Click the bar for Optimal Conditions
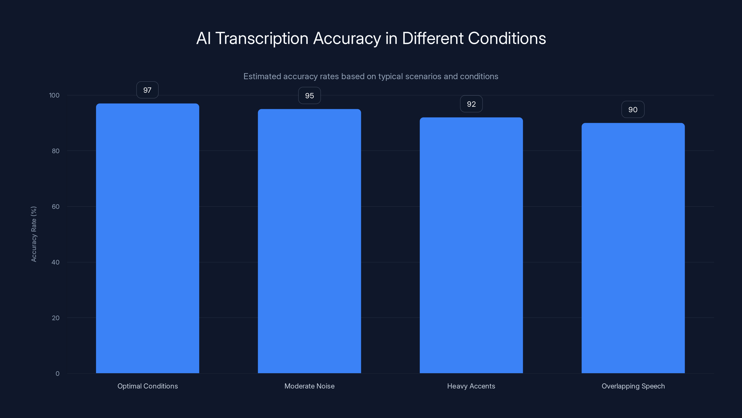(147, 238)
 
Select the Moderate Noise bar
(309, 241)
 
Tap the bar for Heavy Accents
(471, 245)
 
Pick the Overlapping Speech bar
(633, 248)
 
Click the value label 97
(147, 90)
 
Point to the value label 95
(309, 95)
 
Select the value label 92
(471, 104)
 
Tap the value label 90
(633, 109)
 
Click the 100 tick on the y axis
(54, 95)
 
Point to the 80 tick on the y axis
(56, 151)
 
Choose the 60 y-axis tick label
(56, 206)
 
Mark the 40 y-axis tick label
(56, 262)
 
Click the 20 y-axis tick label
(56, 318)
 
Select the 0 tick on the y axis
(58, 374)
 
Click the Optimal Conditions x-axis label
(147, 386)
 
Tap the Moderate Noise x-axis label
(309, 386)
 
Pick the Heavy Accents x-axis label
(471, 386)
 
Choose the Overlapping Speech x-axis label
(633, 386)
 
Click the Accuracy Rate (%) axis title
(34, 234)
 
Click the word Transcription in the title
(262, 38)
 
